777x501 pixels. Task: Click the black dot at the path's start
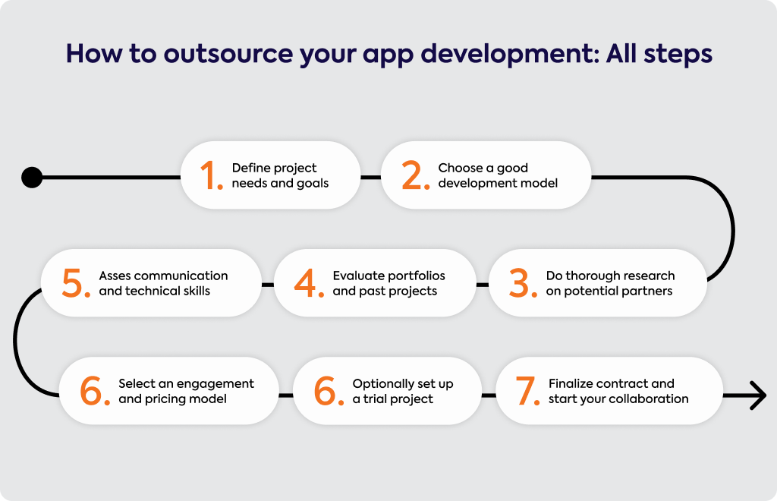tap(32, 177)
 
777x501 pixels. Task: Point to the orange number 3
tap(523, 283)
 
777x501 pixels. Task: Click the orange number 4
tap(308, 283)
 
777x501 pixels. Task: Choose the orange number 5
tap(76, 283)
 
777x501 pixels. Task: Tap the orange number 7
tap(527, 391)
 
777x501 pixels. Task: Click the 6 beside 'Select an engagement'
tap(95, 391)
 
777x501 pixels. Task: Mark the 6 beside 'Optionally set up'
tap(329, 391)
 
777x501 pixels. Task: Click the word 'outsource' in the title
tap(228, 54)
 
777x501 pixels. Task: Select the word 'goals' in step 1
tap(313, 184)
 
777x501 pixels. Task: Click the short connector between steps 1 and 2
tap(370, 177)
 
